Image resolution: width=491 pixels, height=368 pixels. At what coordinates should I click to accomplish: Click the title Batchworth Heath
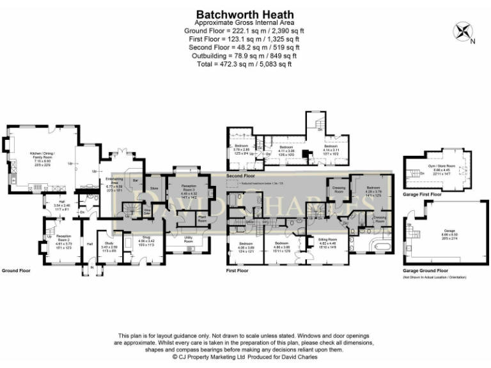click(245, 14)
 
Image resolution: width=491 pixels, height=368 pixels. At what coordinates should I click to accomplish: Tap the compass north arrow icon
click(463, 33)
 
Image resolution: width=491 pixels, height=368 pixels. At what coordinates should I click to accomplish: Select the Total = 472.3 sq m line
click(245, 64)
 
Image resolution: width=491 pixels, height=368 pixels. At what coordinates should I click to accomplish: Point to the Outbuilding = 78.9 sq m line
click(245, 56)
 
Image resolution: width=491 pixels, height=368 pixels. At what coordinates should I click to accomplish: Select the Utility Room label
click(189, 239)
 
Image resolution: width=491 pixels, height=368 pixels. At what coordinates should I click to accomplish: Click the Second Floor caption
click(242, 176)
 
